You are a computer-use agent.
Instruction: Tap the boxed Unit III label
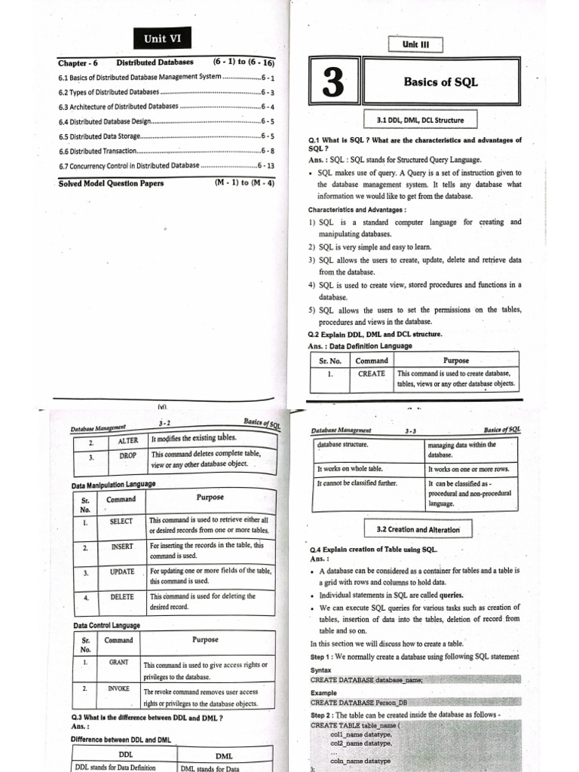pos(415,44)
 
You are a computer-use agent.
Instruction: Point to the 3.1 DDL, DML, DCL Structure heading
pos(420,120)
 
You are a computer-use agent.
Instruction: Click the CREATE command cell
pos(371,374)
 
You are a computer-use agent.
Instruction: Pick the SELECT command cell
pos(121,522)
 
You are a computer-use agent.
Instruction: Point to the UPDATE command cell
pos(121,572)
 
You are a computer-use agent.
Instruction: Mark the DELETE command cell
pos(121,597)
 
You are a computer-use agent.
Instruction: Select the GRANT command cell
pos(118,663)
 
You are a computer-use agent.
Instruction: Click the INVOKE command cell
pos(118,689)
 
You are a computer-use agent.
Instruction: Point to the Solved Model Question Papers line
pos(111,182)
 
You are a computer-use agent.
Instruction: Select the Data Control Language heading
pos(106,626)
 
